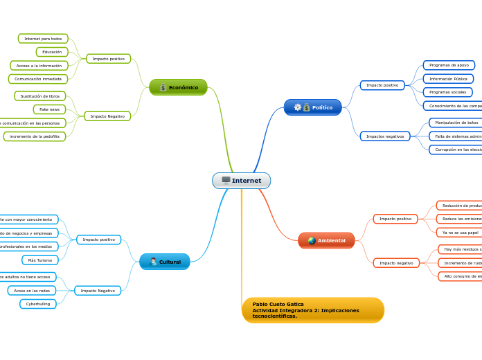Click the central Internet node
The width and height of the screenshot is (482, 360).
click(241, 181)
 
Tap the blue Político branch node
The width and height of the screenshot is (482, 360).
click(312, 107)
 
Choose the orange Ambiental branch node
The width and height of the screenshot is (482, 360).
click(326, 240)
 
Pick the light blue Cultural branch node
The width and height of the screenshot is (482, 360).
click(165, 262)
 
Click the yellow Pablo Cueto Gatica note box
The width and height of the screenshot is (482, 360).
click(312, 309)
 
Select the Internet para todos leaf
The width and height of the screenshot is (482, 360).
click(43, 39)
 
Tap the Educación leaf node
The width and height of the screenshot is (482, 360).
click(52, 52)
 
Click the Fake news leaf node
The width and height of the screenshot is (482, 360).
click(49, 109)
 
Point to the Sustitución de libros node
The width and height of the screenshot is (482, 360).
click(40, 96)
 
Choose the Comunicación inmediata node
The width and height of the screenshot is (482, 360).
click(38, 79)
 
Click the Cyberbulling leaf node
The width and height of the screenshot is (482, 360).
click(38, 304)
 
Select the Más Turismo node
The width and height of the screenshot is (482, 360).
click(40, 260)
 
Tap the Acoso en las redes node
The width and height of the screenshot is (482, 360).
click(32, 291)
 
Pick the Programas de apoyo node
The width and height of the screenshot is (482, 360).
click(449, 65)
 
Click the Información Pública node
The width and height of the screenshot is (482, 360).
click(448, 79)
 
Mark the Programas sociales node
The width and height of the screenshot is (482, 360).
click(447, 92)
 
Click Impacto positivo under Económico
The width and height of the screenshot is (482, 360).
click(109, 59)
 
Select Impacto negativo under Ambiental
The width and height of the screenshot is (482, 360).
click(396, 263)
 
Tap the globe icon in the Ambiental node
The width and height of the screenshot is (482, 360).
click(312, 240)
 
